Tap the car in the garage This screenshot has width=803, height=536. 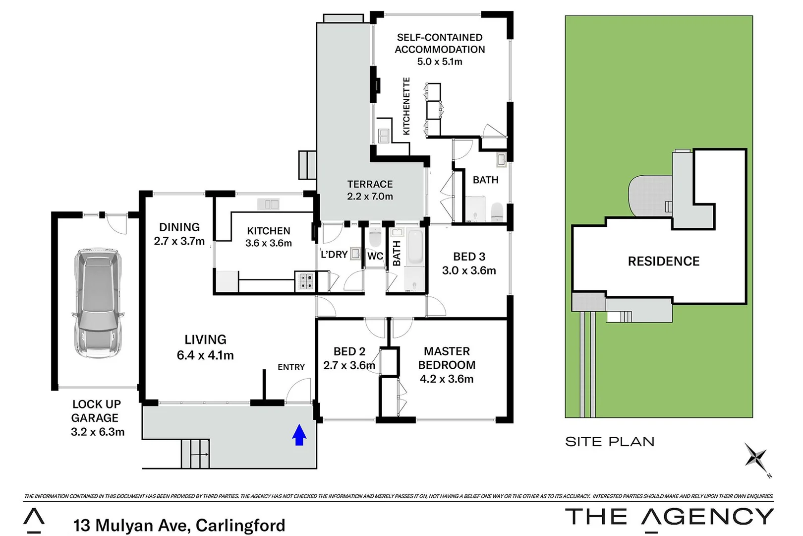point(97,303)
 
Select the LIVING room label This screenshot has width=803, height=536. point(205,347)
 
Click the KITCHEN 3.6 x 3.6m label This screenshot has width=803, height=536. point(269,237)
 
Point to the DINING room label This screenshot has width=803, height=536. point(179,234)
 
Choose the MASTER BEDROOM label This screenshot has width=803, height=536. point(447,365)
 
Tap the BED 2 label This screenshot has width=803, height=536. point(349,358)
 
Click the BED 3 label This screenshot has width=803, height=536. point(469,263)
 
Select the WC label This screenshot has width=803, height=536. point(375,256)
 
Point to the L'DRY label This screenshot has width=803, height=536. point(334,255)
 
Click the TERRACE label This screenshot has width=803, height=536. point(370,190)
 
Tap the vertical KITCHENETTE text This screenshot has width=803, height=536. point(406,106)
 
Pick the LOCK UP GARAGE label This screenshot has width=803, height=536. point(97,418)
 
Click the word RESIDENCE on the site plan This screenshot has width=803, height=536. point(663,262)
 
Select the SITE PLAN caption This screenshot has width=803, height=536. point(610,442)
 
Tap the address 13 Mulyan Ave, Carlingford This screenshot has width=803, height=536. point(179,525)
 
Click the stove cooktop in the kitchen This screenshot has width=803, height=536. point(305,281)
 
